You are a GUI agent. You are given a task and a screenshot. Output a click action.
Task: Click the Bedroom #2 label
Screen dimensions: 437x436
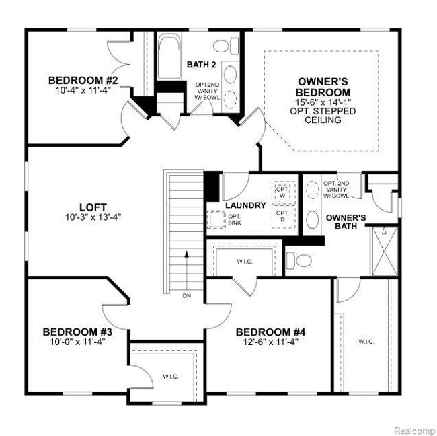click(x=83, y=80)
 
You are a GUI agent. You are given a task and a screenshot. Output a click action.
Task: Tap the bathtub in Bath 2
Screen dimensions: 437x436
click(x=169, y=57)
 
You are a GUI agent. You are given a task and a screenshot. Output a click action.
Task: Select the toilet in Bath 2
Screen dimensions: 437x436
click(x=226, y=46)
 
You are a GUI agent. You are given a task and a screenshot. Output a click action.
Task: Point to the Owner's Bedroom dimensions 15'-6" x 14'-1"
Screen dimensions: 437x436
click(x=323, y=102)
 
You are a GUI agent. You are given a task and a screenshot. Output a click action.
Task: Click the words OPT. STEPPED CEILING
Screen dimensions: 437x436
click(x=323, y=116)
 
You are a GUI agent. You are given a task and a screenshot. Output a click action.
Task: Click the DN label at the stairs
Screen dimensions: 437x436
click(x=187, y=296)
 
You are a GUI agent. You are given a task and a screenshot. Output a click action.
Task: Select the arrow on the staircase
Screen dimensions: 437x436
click(x=187, y=271)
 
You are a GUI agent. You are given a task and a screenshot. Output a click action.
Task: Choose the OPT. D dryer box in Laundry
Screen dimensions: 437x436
click(x=283, y=217)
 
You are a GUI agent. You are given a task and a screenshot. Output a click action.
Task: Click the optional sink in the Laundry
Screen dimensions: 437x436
click(x=216, y=219)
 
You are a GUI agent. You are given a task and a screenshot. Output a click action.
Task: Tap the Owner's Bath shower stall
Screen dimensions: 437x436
click(x=384, y=252)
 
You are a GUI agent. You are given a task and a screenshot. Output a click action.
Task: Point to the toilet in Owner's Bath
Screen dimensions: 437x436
click(x=299, y=260)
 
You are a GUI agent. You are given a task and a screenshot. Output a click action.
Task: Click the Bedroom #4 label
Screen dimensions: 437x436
click(x=271, y=332)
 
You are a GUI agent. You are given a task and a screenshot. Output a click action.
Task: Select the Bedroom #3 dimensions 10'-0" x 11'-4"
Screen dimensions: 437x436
click(x=77, y=342)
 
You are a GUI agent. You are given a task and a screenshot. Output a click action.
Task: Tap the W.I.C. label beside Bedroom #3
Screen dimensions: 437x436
click(x=171, y=377)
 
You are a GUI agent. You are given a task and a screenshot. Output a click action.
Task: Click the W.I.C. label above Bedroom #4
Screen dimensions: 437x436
click(x=245, y=262)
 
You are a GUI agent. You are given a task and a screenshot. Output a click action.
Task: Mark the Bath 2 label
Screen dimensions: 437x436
click(x=201, y=65)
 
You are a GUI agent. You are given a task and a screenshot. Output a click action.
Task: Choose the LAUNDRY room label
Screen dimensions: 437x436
click(x=245, y=205)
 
